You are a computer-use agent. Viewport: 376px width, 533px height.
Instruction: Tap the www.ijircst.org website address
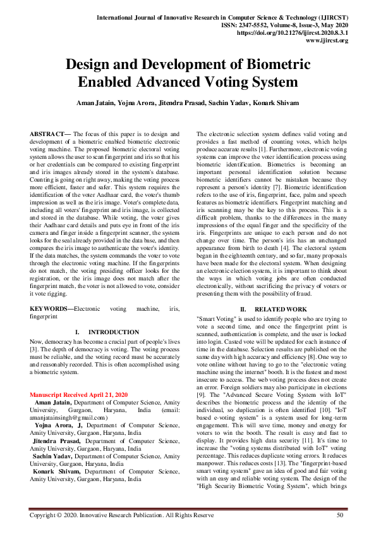[x=326, y=40]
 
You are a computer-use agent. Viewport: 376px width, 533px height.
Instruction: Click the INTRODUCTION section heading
[x=114, y=332]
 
